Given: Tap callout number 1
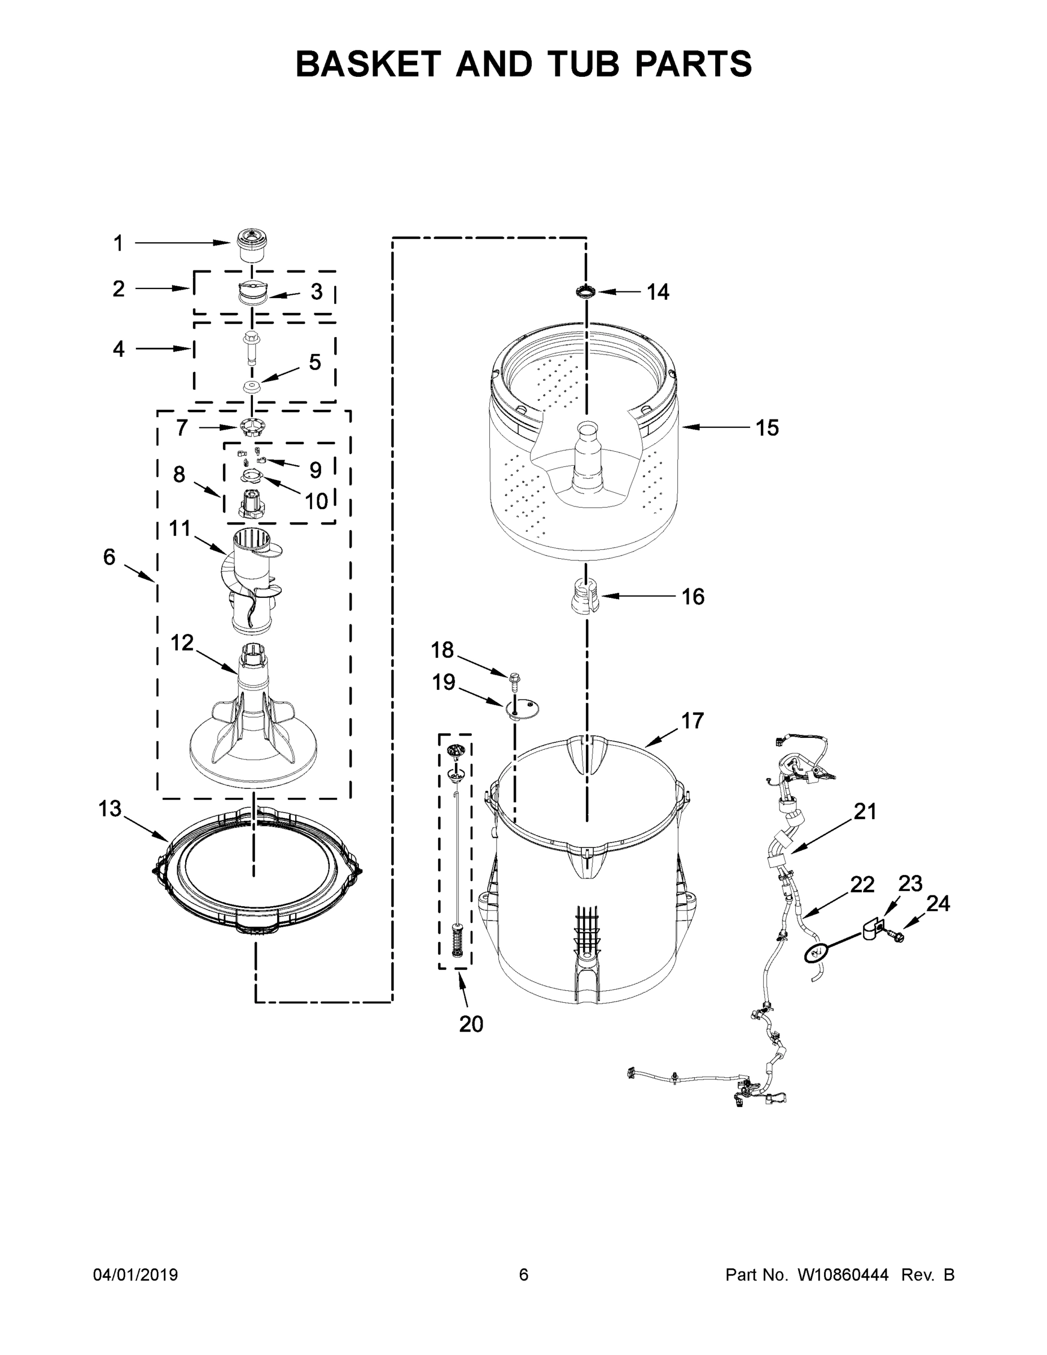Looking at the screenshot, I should (118, 244).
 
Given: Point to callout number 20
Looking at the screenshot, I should (471, 1024).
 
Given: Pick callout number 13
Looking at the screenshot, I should (110, 809).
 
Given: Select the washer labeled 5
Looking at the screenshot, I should (251, 387).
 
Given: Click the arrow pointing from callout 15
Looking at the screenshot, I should (713, 427).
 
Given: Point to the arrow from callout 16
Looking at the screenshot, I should (639, 596).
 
